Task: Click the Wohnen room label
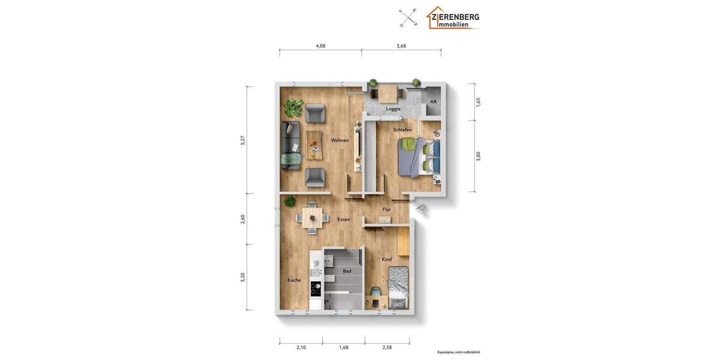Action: click(x=340, y=140)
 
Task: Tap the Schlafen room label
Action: click(x=403, y=130)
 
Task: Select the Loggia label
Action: click(x=393, y=109)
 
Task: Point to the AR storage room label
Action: click(x=433, y=101)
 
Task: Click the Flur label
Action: click(x=387, y=209)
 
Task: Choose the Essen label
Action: click(x=343, y=220)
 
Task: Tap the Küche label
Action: click(x=294, y=280)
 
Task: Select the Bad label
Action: click(x=347, y=271)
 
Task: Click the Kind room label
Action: click(x=387, y=259)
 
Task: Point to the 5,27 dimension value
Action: click(x=243, y=140)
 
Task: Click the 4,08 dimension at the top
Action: click(x=320, y=46)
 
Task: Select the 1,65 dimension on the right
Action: click(x=478, y=102)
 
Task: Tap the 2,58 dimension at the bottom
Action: click(x=387, y=347)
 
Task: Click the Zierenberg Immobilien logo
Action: click(x=453, y=18)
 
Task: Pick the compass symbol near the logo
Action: click(x=409, y=17)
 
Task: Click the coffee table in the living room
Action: click(x=314, y=145)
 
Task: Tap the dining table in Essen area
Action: click(x=312, y=216)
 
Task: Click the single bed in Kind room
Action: click(x=398, y=287)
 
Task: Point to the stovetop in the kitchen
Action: click(x=316, y=289)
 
